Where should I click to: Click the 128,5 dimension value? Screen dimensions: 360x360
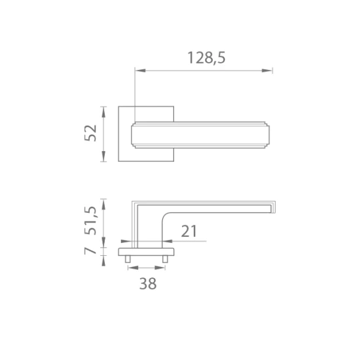206,58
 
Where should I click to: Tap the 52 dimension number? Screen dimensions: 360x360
90,133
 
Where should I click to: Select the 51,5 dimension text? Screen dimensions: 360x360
90,221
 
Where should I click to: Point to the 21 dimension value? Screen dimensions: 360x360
189,231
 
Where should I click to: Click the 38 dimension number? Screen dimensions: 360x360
148,283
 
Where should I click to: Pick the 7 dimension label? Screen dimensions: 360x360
90,251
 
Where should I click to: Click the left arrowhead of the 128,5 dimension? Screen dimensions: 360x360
140,71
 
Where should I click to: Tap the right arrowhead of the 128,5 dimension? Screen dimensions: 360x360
267,71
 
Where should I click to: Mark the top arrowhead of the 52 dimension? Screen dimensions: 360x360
103,112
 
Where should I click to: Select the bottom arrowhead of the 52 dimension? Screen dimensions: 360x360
103,156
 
